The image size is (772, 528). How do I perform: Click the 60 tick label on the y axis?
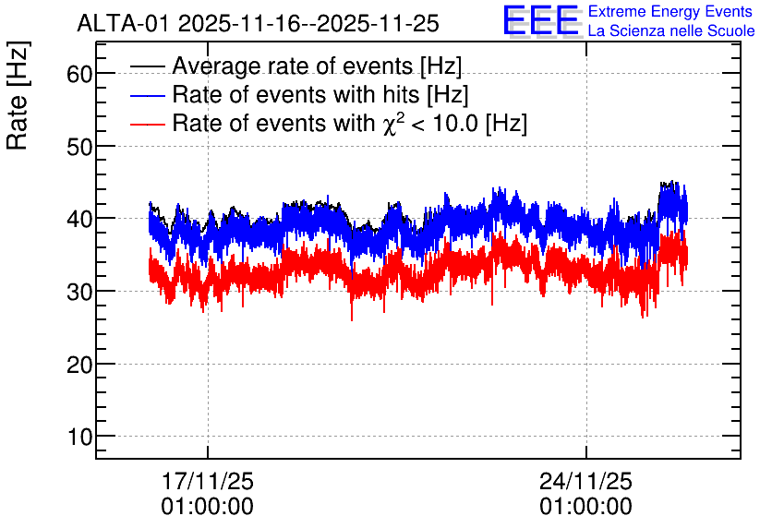point(79,74)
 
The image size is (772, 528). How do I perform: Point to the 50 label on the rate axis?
point(79,147)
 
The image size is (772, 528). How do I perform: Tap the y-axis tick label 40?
point(79,219)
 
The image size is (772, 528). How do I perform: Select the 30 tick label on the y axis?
point(79,292)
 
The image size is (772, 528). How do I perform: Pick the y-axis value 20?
point(79,365)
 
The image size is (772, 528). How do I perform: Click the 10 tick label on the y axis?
point(79,437)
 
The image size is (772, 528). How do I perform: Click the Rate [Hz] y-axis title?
point(18,95)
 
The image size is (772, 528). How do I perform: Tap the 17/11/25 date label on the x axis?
point(207,481)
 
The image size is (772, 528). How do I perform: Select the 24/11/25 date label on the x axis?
point(585,481)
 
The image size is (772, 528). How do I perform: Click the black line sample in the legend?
point(147,66)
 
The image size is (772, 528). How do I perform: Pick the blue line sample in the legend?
point(147,95)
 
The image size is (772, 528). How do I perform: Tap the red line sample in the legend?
point(147,124)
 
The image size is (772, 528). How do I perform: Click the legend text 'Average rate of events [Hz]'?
point(317,66)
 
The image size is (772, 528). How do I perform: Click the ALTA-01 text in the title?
point(125,24)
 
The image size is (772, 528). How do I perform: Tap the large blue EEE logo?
point(540,21)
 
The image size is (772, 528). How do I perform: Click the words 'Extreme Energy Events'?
point(670,11)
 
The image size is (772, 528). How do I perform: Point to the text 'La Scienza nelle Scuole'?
point(671,31)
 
